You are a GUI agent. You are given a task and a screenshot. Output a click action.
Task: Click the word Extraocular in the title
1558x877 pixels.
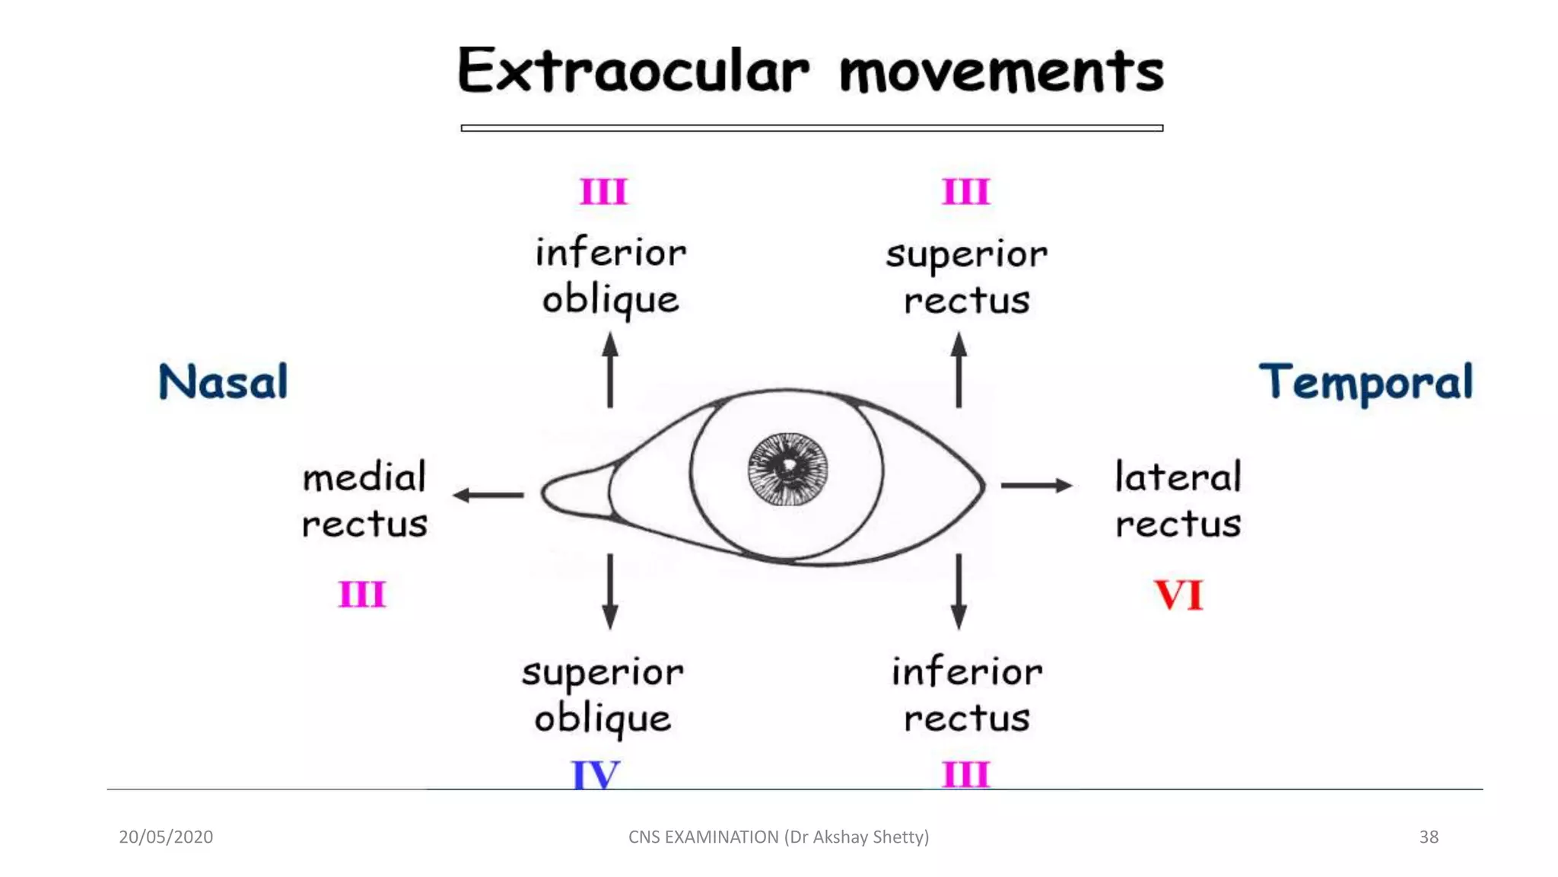(633, 71)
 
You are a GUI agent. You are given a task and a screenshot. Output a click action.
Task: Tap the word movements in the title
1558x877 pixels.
(1001, 72)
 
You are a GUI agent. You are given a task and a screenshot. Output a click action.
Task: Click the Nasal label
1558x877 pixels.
(223, 381)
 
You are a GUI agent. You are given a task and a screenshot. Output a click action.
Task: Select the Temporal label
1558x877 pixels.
(1366, 382)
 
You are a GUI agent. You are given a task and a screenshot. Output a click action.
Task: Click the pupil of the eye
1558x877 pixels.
(787, 467)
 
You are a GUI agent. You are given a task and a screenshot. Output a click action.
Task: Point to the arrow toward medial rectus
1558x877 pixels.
(488, 495)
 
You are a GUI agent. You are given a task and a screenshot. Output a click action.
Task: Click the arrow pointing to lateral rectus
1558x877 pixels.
(1036, 485)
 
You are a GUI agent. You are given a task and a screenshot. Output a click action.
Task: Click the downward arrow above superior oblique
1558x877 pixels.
(610, 591)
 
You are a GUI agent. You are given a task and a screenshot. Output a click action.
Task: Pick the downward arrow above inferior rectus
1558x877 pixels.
(959, 591)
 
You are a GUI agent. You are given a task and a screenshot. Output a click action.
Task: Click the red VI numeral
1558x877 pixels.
(1178, 595)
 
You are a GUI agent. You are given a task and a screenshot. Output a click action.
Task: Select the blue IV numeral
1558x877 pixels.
(596, 775)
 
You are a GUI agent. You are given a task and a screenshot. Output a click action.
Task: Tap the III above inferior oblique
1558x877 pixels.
(603, 191)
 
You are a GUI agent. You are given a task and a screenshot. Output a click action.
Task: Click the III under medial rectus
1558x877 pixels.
(362, 594)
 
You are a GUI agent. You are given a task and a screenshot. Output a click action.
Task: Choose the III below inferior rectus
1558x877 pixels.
(965, 775)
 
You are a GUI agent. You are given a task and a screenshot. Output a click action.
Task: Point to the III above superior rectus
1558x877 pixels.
(965, 191)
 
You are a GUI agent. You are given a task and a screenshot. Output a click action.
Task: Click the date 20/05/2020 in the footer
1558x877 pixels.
(166, 837)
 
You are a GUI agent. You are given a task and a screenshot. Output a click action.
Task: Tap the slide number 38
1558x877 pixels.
(1429, 837)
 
